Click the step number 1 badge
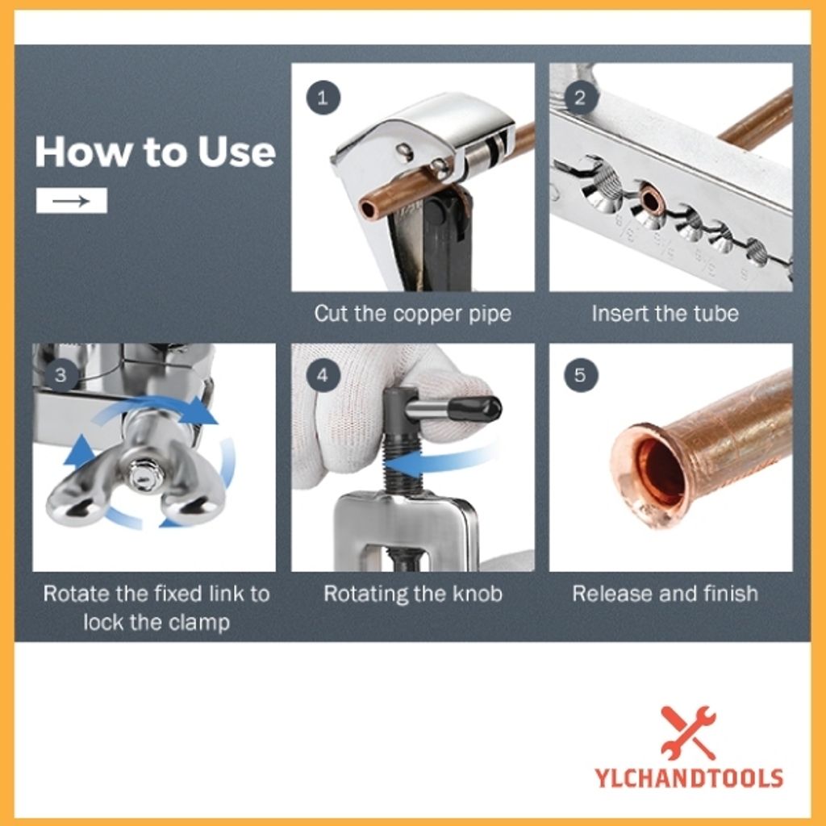click(323, 98)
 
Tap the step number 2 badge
click(581, 98)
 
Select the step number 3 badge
click(61, 375)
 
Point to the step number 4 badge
click(323, 375)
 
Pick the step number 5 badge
click(581, 375)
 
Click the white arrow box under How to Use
click(72, 201)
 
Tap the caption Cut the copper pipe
click(413, 314)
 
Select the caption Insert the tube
click(665, 314)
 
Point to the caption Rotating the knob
click(413, 594)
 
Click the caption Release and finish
click(665, 594)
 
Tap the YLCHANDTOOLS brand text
click(689, 778)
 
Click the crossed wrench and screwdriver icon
click(689, 732)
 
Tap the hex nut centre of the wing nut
click(141, 473)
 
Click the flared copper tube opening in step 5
click(652, 477)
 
